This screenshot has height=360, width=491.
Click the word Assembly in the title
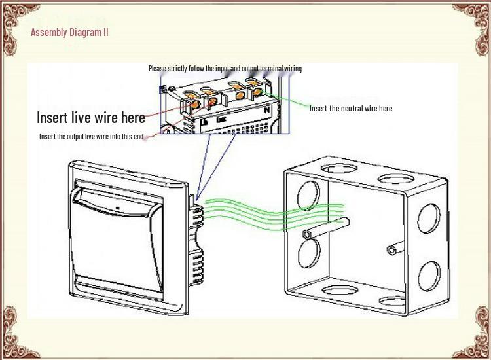(x=49, y=33)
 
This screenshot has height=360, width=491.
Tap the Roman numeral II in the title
(x=105, y=32)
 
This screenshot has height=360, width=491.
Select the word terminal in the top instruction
(x=272, y=68)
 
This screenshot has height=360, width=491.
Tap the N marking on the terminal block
(x=267, y=110)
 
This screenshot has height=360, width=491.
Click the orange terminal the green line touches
(x=257, y=92)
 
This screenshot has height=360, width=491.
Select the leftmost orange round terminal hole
(x=194, y=105)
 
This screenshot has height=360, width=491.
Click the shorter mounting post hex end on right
(x=391, y=250)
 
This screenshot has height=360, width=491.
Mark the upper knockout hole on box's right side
(x=428, y=218)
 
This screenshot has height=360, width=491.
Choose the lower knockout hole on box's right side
(x=429, y=276)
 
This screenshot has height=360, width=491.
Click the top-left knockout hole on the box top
(x=338, y=169)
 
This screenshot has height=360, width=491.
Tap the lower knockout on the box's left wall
(x=309, y=253)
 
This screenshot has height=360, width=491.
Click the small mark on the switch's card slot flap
(x=118, y=208)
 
